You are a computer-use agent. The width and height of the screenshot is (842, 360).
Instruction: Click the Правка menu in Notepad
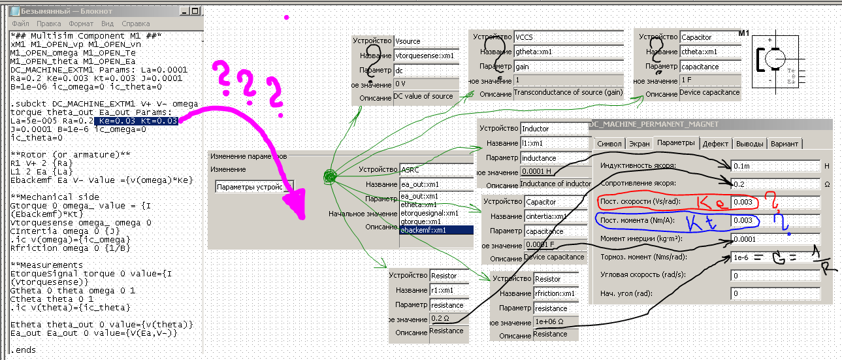coord(49,24)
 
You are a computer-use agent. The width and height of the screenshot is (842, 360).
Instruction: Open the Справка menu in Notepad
coord(135,24)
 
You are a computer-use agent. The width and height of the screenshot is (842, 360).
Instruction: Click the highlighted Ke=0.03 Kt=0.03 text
coord(136,121)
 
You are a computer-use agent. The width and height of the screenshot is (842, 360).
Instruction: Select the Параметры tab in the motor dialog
coord(676,143)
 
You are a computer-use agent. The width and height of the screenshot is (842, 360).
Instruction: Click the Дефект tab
coord(715,143)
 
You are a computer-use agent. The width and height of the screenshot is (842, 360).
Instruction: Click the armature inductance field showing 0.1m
coord(774,166)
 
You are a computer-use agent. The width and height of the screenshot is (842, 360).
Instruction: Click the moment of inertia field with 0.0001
coord(774,239)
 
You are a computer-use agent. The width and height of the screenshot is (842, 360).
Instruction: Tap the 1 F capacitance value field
coord(709,80)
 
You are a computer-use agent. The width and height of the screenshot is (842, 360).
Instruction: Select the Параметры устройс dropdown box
coord(255,186)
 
